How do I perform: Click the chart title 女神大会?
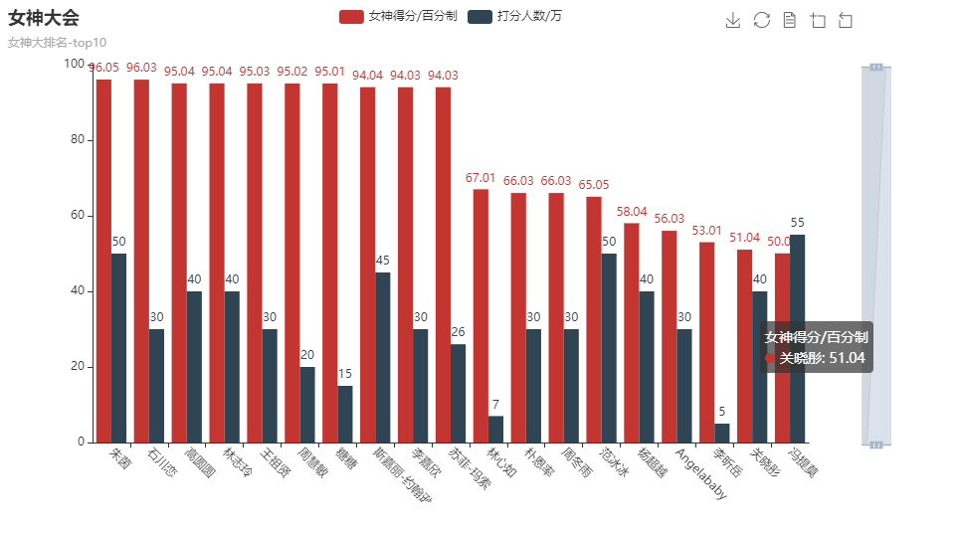[x=44, y=18]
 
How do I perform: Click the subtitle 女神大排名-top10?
[x=57, y=43]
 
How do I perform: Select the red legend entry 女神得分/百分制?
[x=398, y=17]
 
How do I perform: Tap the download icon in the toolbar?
[x=733, y=21]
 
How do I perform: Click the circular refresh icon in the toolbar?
[x=761, y=21]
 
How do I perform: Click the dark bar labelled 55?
[x=798, y=338]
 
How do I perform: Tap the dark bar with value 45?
[x=383, y=357]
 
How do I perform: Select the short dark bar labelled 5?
[x=721, y=433]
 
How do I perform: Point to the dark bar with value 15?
[x=345, y=414]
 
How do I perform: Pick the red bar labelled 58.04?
[x=631, y=332]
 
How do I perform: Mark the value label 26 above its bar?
[x=458, y=332]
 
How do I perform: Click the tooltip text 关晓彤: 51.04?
[x=822, y=358]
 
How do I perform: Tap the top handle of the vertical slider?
[x=875, y=67]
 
